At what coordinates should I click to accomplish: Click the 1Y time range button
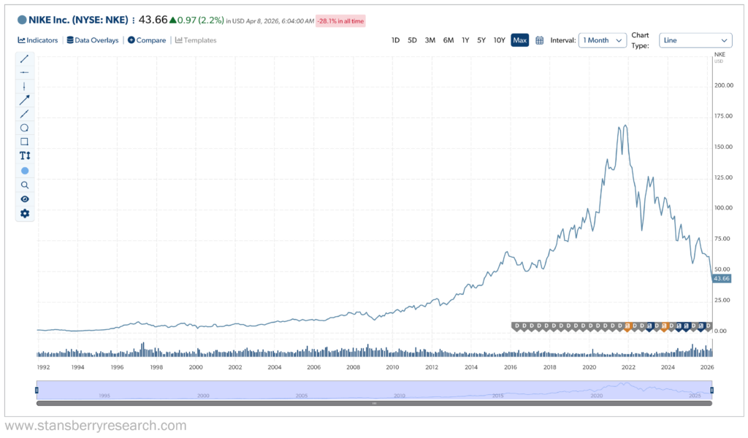(465, 40)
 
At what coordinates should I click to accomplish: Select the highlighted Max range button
(519, 40)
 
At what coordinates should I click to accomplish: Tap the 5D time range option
(412, 40)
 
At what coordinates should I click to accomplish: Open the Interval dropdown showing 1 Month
(603, 40)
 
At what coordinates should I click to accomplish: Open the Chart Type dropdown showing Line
(695, 40)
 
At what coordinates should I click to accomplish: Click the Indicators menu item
(38, 40)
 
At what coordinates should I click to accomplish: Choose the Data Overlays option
(93, 40)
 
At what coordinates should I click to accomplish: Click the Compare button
(147, 40)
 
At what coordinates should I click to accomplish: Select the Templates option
(196, 40)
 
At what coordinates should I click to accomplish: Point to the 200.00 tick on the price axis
(723, 85)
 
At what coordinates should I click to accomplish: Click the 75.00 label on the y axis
(722, 239)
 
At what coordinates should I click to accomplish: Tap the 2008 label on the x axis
(353, 367)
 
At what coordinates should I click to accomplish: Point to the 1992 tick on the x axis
(43, 367)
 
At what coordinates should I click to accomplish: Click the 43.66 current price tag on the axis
(722, 279)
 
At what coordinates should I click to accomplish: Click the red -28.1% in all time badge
(340, 20)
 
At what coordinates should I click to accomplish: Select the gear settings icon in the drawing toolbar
(25, 213)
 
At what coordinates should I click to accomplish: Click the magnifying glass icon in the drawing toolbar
(25, 185)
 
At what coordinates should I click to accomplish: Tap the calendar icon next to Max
(540, 40)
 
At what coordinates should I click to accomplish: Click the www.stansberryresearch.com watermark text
(96, 426)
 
